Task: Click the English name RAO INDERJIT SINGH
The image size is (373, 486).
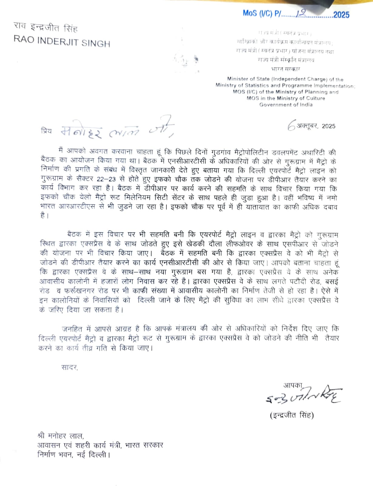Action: [x=62, y=42]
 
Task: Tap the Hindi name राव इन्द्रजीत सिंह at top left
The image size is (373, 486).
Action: [x=46, y=28]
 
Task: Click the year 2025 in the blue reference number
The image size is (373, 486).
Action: [x=341, y=15]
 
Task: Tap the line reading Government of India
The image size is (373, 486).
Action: [x=286, y=105]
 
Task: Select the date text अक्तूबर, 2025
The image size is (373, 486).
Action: [x=316, y=126]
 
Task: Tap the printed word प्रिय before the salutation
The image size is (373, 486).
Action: [x=46, y=131]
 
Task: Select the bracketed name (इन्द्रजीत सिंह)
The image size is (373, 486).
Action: [x=292, y=415]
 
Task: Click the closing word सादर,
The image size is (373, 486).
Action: [x=70, y=368]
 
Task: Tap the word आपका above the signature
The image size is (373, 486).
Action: [x=293, y=385]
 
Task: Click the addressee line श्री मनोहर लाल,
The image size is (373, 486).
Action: [x=60, y=436]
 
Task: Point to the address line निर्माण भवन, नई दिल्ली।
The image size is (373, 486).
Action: [x=73, y=455]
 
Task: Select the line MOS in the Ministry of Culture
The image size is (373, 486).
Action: [x=286, y=98]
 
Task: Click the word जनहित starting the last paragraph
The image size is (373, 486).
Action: [x=72, y=329]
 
